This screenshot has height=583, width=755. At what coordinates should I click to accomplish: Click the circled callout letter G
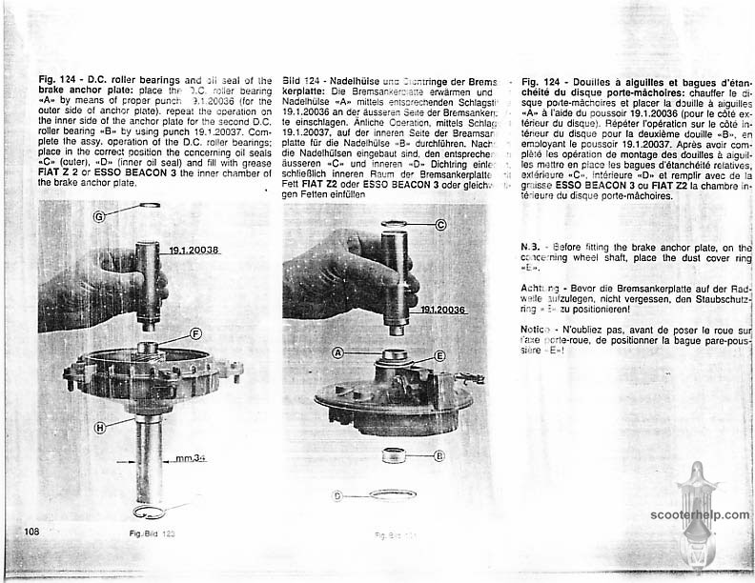98,216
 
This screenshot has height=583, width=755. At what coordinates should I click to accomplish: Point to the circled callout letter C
440,225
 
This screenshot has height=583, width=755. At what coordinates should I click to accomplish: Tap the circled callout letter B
439,455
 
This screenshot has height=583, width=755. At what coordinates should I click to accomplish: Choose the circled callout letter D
337,495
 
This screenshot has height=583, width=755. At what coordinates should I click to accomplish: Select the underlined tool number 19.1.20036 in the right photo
440,309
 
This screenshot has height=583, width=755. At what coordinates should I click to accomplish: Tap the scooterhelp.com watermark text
701,514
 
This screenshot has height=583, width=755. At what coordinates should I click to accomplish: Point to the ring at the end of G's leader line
149,205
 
